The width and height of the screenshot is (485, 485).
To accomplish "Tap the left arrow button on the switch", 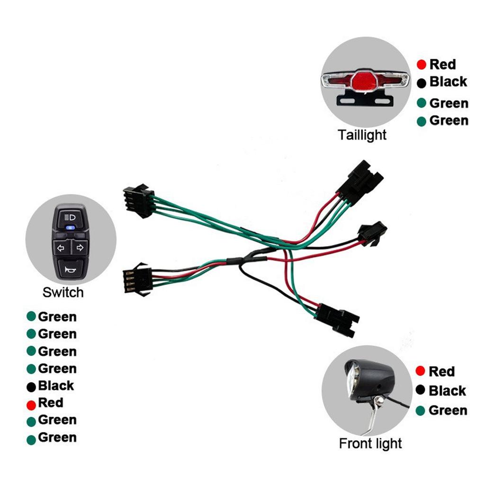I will click(61, 247).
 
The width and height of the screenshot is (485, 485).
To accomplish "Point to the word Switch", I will click(63, 292).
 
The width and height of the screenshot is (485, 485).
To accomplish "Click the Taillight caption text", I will click(362, 135).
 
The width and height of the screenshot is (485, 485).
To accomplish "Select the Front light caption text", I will click(370, 444).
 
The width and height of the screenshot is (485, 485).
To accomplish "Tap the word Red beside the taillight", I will click(442, 64).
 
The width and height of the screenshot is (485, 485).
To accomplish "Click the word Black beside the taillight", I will click(448, 81).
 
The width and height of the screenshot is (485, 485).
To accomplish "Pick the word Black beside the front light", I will click(447, 391).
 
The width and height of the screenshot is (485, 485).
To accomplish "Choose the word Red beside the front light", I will click(441, 371).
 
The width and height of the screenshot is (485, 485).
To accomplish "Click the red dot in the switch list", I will click(31, 405).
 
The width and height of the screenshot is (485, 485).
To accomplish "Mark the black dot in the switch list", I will click(31, 387).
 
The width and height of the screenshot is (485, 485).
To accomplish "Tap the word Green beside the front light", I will click(448, 410).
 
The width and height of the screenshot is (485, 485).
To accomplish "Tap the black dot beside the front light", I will click(420, 390).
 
